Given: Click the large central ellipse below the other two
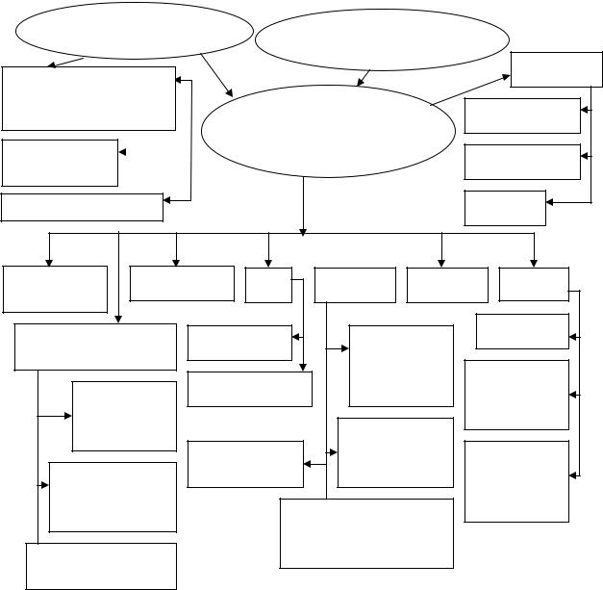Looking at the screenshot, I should coord(327,131).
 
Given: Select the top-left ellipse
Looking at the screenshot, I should coord(135,32).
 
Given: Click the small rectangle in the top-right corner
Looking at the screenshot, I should coord(557,69).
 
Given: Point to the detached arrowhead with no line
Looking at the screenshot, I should coord(122,152).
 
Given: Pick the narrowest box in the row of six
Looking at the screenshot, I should coord(268,285).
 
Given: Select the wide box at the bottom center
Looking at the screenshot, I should coord(366,533).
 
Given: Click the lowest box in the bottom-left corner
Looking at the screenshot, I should coord(101,566).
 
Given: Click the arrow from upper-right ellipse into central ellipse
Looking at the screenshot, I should coord(365,77).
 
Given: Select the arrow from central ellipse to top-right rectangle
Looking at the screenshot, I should coord(471,90).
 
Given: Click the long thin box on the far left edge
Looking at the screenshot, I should coord(82,207).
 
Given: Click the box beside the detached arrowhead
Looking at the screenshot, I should coord(60,163).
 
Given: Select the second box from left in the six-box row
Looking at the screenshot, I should coord(182,283).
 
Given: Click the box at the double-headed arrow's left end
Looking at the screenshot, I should coord(245,464).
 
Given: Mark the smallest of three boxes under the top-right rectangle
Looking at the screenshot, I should coord(504,208).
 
